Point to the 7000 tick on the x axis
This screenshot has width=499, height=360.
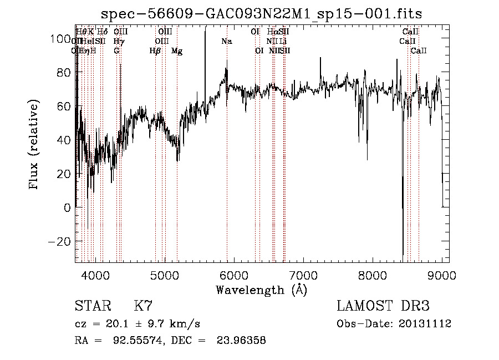(303, 274)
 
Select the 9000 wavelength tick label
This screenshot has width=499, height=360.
(441, 274)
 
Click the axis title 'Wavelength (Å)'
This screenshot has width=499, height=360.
(261, 290)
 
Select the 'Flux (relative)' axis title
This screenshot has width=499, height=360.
(34, 145)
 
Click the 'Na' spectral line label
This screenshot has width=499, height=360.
(227, 42)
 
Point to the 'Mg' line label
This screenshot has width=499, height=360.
(177, 51)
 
